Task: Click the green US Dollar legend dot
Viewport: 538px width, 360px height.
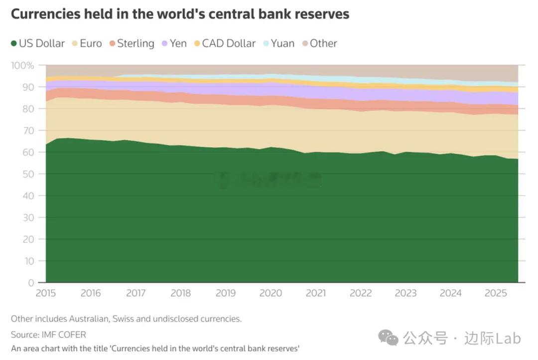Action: click(x=14, y=44)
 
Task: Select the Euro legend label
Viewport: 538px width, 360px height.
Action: click(x=91, y=44)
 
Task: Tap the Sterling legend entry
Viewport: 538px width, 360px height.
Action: click(x=135, y=44)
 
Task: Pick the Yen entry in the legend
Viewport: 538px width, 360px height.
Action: click(x=178, y=44)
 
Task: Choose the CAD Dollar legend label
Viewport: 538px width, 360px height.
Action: click(x=229, y=44)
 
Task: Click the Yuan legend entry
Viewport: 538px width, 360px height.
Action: click(x=282, y=44)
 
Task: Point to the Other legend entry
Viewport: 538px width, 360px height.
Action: click(x=323, y=44)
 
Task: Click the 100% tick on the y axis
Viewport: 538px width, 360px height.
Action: click(x=23, y=65)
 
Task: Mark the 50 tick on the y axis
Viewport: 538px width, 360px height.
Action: click(x=29, y=174)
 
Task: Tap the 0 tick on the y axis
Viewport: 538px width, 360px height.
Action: click(x=31, y=282)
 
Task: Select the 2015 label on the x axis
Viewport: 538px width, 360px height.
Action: click(x=46, y=293)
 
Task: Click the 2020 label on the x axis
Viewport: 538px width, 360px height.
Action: click(x=270, y=293)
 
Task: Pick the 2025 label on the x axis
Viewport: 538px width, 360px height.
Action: click(x=495, y=293)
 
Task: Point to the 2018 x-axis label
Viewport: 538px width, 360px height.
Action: click(x=180, y=293)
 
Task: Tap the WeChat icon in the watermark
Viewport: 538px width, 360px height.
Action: click(x=389, y=338)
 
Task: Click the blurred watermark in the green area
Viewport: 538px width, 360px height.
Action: click(x=269, y=179)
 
